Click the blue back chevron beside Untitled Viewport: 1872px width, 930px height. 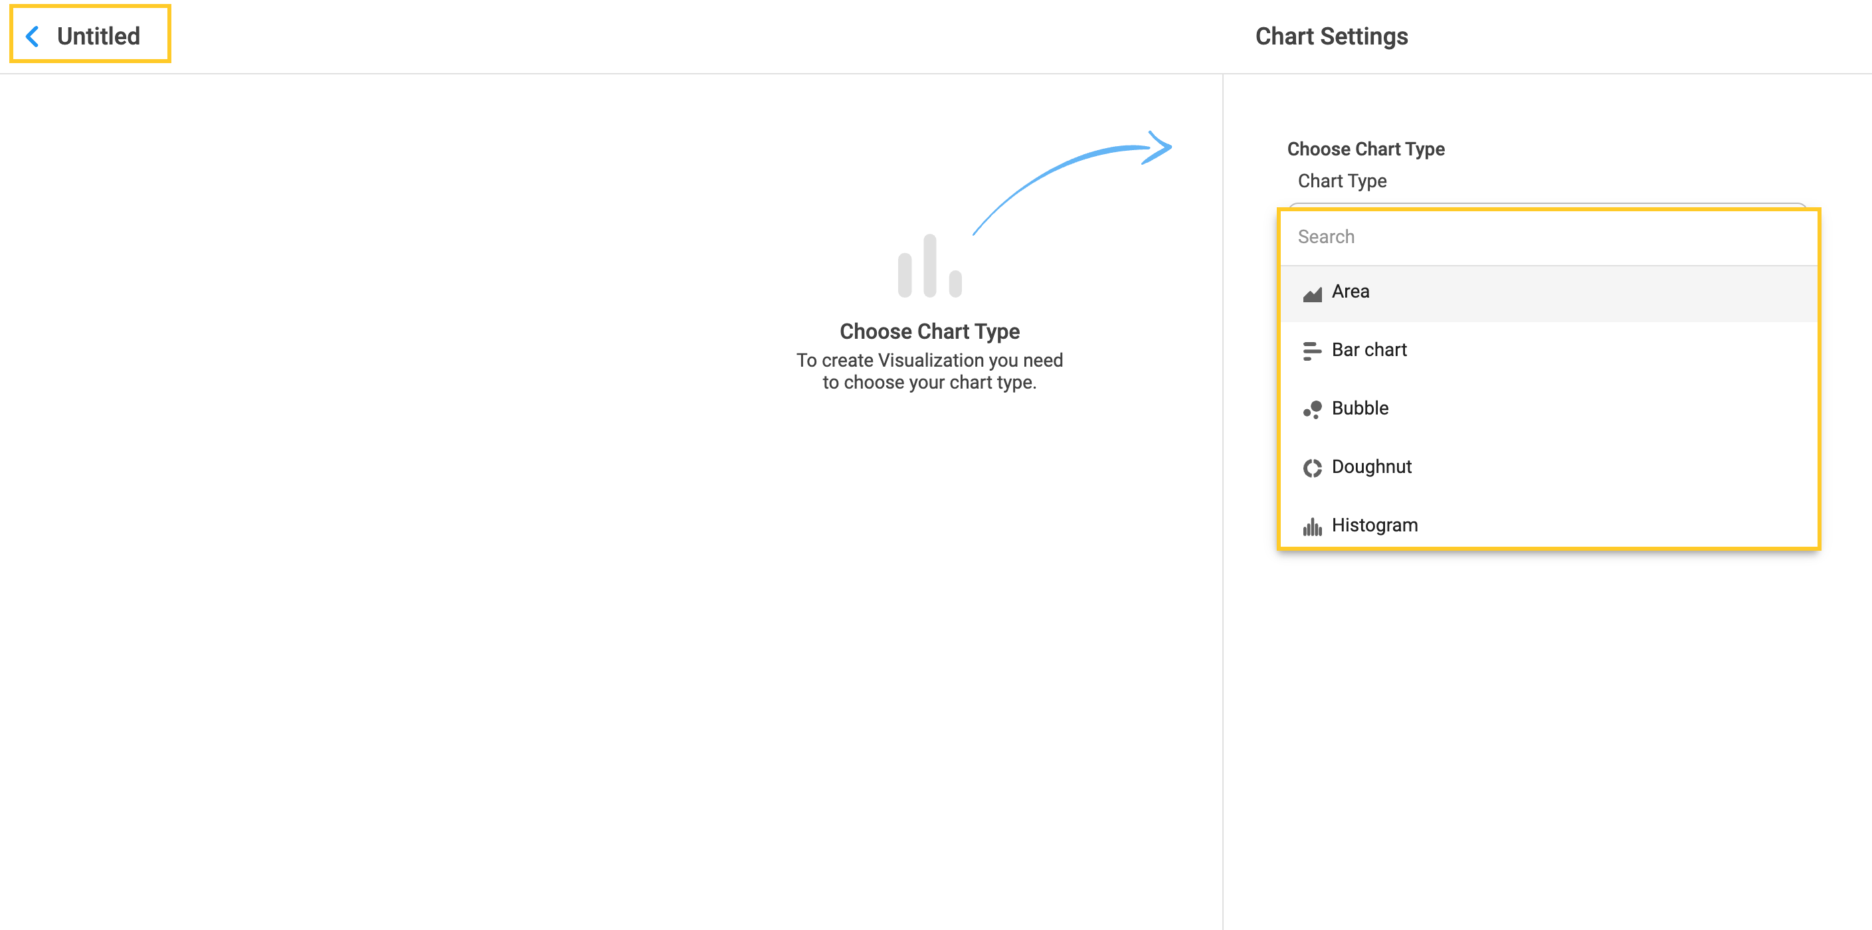(32, 37)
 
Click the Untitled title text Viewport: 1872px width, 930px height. (98, 37)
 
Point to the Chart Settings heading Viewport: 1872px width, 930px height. (1331, 37)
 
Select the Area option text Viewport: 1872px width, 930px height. (1351, 292)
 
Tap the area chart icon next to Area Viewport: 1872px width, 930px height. (1312, 294)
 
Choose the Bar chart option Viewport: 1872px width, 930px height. (1369, 350)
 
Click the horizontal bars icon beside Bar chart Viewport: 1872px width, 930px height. (1312, 351)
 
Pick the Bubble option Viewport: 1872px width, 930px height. (1360, 409)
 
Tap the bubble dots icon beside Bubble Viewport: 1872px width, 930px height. (1312, 410)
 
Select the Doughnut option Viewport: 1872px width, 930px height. (1371, 466)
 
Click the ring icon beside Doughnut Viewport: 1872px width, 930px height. (1312, 468)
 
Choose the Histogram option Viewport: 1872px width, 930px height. (1374, 525)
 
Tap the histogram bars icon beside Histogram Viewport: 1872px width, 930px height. (1312, 527)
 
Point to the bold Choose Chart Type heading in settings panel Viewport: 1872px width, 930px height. (1366, 149)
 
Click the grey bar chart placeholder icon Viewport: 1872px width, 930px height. (929, 265)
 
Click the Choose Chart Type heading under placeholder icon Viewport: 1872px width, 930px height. (929, 331)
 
